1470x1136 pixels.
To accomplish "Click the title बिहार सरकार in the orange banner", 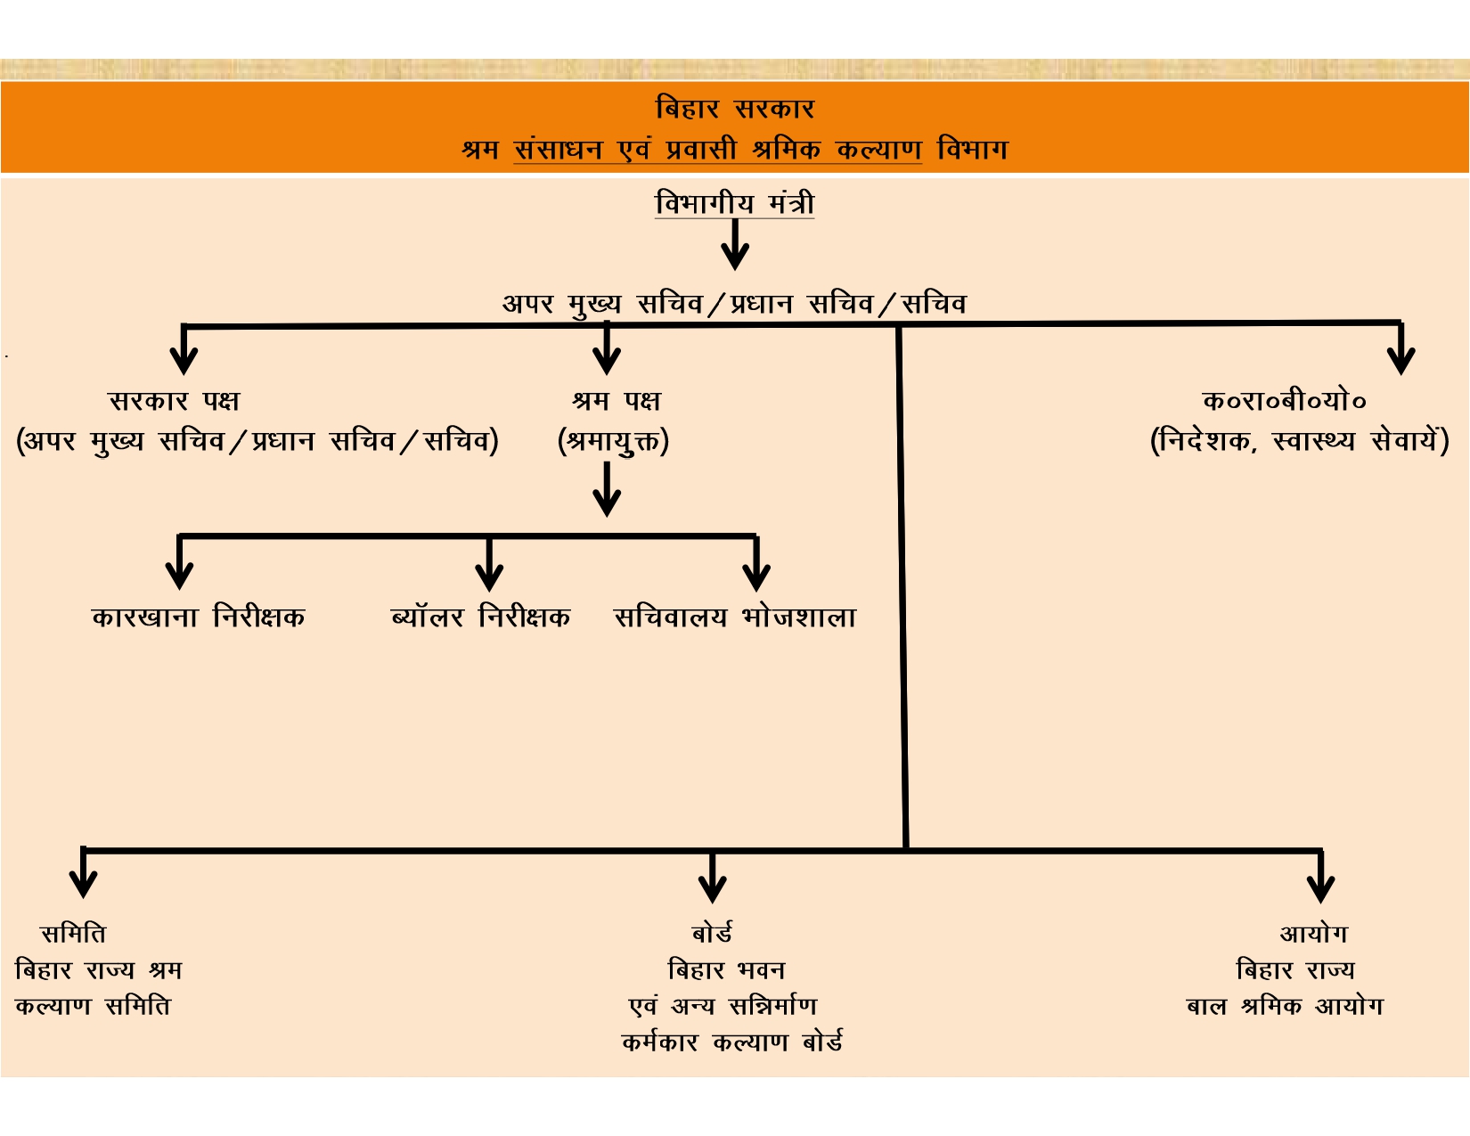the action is pyautogui.click(x=735, y=109).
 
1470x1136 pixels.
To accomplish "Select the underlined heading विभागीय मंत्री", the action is pyautogui.click(x=735, y=203).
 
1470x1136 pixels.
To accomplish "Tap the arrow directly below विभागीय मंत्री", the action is pyautogui.click(x=735, y=244).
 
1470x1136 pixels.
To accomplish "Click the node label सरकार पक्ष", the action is pyautogui.click(x=174, y=401).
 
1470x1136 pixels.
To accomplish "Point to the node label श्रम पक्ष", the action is pyautogui.click(x=617, y=401).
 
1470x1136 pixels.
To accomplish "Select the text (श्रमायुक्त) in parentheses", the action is pyautogui.click(x=613, y=442).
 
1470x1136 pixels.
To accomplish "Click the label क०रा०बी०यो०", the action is pyautogui.click(x=1284, y=401).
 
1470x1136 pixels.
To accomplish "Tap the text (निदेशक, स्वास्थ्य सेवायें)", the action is pyautogui.click(x=1300, y=441).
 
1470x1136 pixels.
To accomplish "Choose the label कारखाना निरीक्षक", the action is pyautogui.click(x=198, y=617).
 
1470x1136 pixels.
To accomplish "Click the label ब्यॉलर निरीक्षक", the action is pyautogui.click(x=480, y=617).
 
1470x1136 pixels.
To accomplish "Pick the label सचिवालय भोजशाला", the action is pyautogui.click(x=735, y=617).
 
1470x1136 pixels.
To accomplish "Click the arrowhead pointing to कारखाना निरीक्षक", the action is pyautogui.click(x=179, y=576).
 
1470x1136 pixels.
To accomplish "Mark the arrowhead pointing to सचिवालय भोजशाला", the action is pyautogui.click(x=756, y=578).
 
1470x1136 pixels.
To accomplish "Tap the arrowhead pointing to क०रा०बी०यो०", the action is pyautogui.click(x=1401, y=362).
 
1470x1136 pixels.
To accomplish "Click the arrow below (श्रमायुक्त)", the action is pyautogui.click(x=607, y=489).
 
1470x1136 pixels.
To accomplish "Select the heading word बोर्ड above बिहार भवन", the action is pyautogui.click(x=713, y=934).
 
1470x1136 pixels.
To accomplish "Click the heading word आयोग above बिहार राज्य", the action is pyautogui.click(x=1314, y=934).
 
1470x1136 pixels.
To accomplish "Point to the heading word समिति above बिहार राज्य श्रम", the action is pyautogui.click(x=73, y=934).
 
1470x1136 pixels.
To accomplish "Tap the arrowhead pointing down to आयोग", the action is pyautogui.click(x=1320, y=889).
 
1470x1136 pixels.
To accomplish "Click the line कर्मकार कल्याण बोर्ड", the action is pyautogui.click(x=732, y=1042).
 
